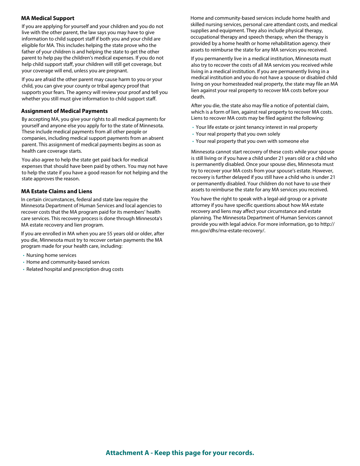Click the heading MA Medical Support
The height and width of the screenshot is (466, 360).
click(x=48, y=18)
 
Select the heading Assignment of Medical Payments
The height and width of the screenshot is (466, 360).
click(x=64, y=111)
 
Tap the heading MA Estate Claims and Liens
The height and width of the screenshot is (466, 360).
click(x=56, y=191)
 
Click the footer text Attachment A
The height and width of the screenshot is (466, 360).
click(x=180, y=453)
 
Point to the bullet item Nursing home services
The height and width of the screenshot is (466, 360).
click(x=51, y=255)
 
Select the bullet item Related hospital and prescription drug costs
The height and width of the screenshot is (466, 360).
click(x=75, y=269)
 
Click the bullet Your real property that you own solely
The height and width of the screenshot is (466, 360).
click(x=238, y=134)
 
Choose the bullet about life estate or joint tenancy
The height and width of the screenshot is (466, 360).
click(x=256, y=127)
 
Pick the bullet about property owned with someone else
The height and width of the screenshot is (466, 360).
click(x=252, y=141)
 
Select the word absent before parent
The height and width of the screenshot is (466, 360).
click(x=156, y=138)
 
